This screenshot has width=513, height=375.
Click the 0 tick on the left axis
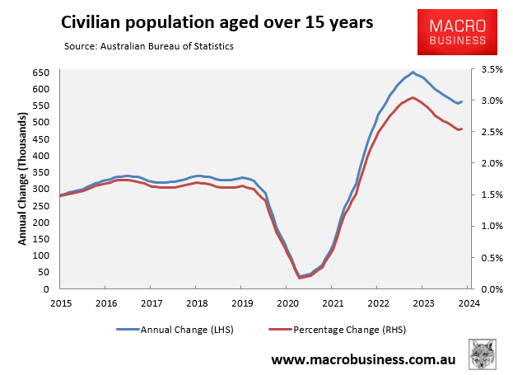click(x=49, y=289)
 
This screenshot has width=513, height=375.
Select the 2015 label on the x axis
click(x=60, y=304)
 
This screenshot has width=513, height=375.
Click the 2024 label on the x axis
click(x=466, y=304)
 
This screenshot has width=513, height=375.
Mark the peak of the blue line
click(x=413, y=72)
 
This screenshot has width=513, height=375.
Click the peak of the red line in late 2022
click(x=413, y=97)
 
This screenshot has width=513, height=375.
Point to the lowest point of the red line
click(x=299, y=279)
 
